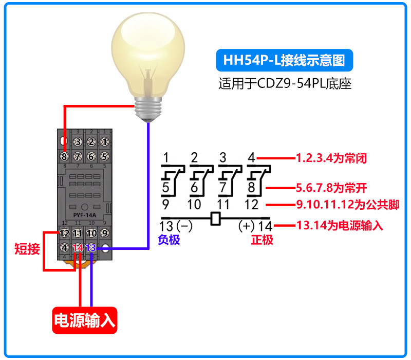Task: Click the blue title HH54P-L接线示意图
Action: [x=284, y=60]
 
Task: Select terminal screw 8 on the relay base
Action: [x=64, y=156]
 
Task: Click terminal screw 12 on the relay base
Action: [x=64, y=233]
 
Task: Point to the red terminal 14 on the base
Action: [x=78, y=248]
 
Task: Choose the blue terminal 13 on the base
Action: [x=91, y=248]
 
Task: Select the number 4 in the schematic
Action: [x=251, y=157]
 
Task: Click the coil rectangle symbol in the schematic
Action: [x=216, y=219]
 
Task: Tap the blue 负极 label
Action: [x=169, y=240]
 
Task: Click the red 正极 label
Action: [x=261, y=240]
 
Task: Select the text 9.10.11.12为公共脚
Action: [x=347, y=205]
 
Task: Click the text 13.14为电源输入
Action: [x=340, y=225]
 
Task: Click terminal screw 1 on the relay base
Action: [x=104, y=141]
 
